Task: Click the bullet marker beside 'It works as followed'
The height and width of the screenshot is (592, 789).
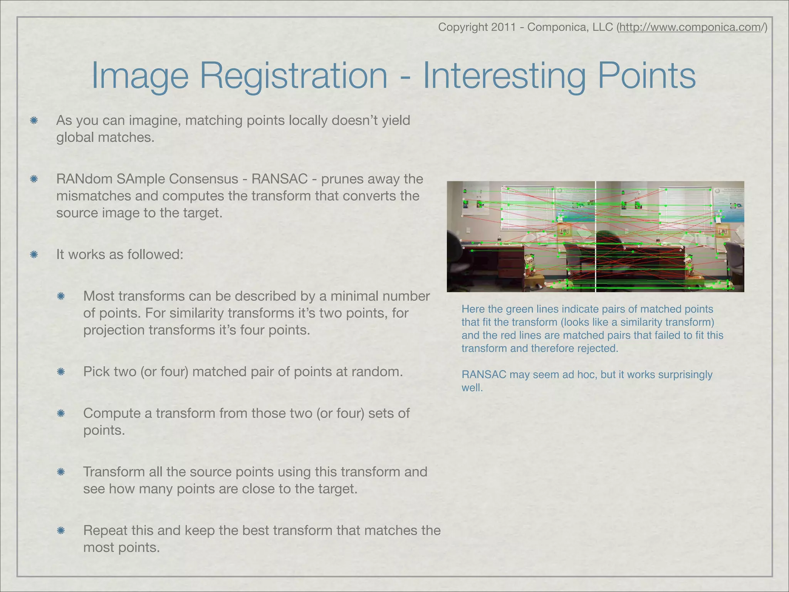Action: [34, 254]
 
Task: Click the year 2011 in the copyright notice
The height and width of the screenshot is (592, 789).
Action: [504, 27]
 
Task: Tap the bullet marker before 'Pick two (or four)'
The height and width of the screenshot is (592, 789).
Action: [60, 372]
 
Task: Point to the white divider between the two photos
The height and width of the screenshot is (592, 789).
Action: [596, 236]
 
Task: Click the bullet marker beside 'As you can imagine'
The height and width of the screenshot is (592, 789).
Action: [34, 121]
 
